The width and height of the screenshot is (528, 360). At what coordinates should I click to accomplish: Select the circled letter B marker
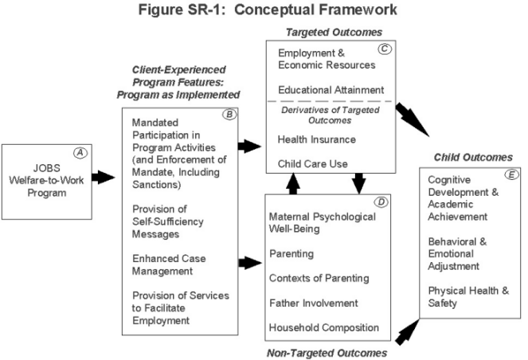pyautogui.click(x=229, y=114)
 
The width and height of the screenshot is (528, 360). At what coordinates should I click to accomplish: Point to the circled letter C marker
pyautogui.click(x=385, y=48)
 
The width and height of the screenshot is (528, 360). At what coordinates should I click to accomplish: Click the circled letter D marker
pyautogui.click(x=382, y=202)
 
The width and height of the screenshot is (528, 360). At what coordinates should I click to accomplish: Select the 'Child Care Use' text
pyautogui.click(x=312, y=164)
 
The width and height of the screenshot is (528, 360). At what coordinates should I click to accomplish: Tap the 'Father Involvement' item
pyautogui.click(x=313, y=303)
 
